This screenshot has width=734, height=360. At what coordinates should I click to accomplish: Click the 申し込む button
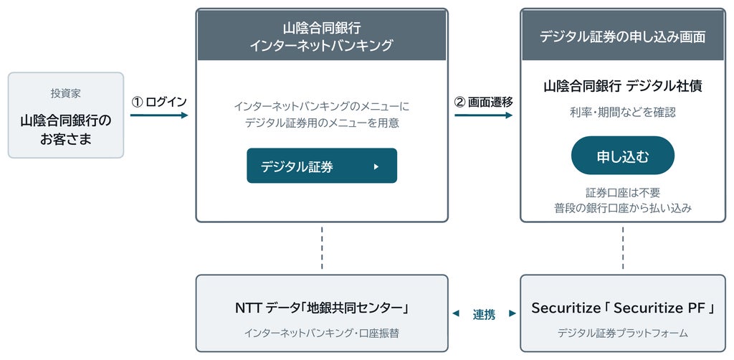click(623, 156)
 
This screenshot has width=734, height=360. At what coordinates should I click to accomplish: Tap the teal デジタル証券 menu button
click(322, 166)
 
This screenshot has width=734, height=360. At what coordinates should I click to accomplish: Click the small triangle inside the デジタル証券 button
click(376, 166)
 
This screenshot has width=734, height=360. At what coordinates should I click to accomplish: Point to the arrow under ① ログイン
click(158, 115)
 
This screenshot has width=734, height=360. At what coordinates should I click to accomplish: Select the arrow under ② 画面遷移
click(484, 115)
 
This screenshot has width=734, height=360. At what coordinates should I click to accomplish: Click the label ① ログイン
click(159, 102)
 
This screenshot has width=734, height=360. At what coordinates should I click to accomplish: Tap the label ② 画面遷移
click(484, 102)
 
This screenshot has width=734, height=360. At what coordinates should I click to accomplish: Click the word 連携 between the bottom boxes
click(484, 315)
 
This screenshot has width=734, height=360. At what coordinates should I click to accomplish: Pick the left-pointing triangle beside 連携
click(455, 314)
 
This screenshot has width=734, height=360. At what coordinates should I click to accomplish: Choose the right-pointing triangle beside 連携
click(513, 313)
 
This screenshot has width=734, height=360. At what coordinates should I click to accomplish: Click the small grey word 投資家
click(65, 93)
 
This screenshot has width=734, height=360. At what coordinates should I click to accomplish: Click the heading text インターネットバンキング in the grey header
click(322, 46)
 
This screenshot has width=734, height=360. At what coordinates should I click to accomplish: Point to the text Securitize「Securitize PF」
click(623, 308)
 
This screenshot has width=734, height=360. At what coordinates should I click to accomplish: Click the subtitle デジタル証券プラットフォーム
click(623, 333)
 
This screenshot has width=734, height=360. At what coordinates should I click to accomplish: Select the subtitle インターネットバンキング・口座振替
click(322, 333)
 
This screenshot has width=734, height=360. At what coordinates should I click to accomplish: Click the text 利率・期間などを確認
click(623, 113)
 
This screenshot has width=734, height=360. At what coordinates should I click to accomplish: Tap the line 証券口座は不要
click(623, 193)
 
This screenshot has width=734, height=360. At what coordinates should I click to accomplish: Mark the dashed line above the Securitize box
click(623, 248)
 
